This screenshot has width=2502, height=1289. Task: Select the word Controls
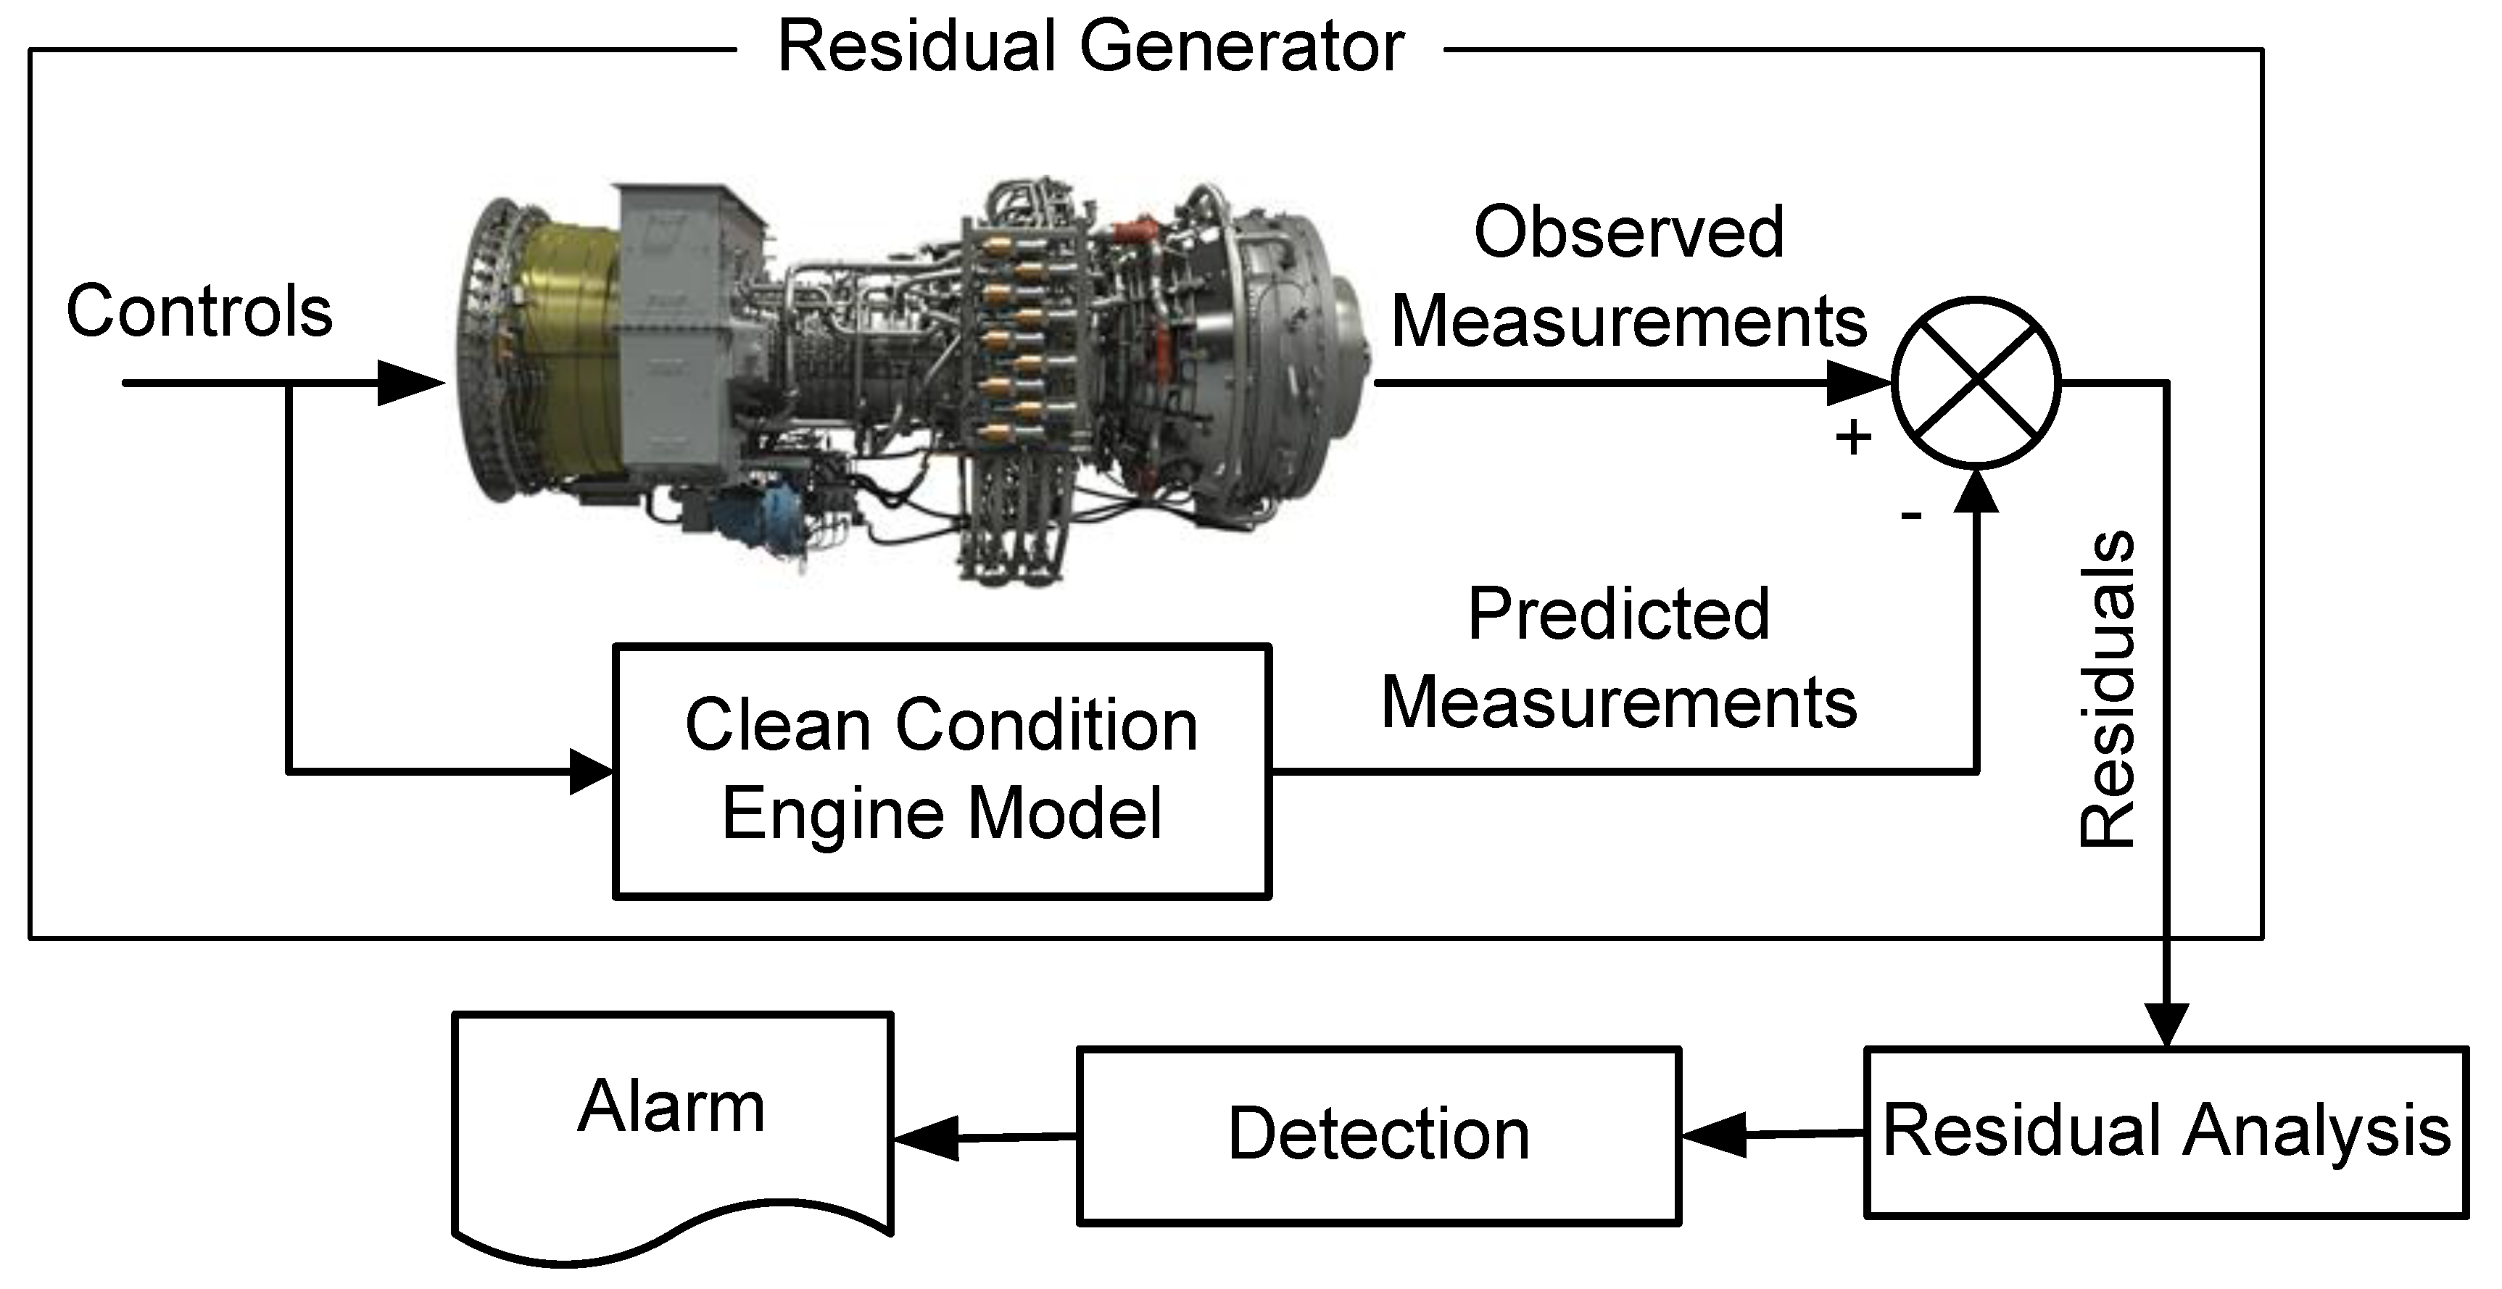(199, 312)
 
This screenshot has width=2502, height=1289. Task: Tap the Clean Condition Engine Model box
(942, 771)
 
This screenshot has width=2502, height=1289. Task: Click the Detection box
(1378, 1135)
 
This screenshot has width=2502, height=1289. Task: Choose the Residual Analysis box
(2166, 1132)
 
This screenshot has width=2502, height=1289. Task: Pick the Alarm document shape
(672, 1127)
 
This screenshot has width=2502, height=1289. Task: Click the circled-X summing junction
(1976, 382)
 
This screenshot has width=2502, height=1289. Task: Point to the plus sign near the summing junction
(1853, 437)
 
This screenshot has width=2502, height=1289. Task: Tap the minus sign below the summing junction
(1910, 515)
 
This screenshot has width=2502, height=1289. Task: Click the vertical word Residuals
(2108, 689)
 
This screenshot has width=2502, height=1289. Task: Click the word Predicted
(1618, 614)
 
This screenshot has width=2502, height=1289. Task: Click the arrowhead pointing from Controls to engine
(408, 383)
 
